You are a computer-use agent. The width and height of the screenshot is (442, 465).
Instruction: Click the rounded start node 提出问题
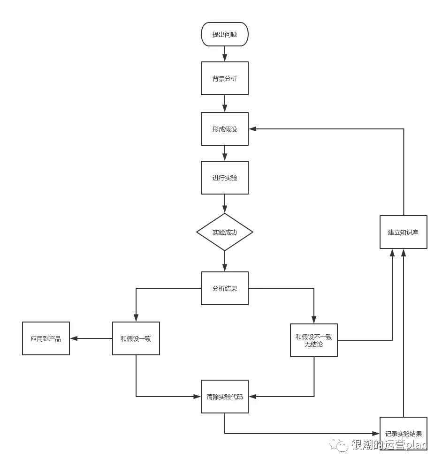224,34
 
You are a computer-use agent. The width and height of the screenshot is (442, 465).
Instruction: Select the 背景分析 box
224,78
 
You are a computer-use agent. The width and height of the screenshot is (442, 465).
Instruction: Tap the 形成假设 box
224,129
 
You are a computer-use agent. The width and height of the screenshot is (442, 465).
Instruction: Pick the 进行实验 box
224,178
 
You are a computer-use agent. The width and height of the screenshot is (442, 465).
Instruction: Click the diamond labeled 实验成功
224,232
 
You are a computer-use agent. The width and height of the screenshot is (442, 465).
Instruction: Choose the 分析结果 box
224,288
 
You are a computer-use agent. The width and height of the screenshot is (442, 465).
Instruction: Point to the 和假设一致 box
136,338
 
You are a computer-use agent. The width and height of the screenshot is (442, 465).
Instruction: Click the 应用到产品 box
46,338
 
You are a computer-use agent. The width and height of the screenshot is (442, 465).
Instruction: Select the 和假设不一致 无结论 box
314,340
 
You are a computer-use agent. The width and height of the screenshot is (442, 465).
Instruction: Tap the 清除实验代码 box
224,397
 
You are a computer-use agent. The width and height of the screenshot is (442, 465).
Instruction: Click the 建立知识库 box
404,232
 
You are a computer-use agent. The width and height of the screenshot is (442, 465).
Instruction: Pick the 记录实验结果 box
404,434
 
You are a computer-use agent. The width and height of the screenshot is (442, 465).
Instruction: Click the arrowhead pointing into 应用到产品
74,338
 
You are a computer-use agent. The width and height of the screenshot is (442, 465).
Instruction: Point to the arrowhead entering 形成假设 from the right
252,129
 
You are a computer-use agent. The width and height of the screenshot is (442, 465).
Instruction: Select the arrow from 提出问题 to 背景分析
225,54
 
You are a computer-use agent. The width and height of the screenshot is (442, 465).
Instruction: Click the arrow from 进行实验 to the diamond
225,204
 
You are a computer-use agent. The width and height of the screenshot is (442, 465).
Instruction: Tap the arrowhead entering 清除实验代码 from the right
252,397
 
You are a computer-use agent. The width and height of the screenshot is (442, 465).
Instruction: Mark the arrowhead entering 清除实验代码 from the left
197,397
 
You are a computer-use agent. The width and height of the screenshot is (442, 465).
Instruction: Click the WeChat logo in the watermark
338,445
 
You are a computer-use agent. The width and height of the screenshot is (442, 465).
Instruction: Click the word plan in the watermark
416,445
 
